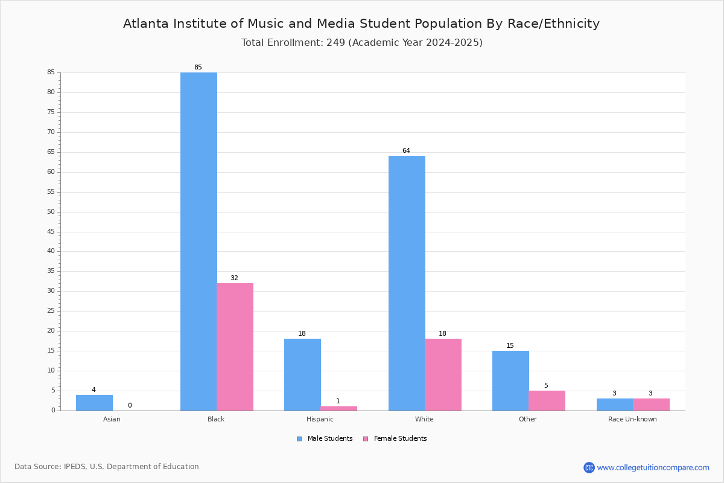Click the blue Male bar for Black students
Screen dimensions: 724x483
tap(198, 241)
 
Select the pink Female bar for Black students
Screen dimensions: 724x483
tap(235, 347)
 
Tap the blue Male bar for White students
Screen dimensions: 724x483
tap(407, 283)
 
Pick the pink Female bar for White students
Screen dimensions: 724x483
tap(443, 374)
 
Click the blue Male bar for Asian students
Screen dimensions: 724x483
tap(94, 403)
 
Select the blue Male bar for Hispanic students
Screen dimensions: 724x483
tap(302, 374)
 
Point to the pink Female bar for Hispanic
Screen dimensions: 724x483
tap(339, 408)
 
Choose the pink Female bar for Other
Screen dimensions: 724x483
tap(547, 400)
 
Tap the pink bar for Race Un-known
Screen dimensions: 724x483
tap(651, 405)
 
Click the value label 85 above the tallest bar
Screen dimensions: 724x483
tap(198, 67)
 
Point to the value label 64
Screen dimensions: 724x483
tap(406, 150)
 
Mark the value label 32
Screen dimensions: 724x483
tap(234, 278)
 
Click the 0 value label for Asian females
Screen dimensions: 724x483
tap(130, 405)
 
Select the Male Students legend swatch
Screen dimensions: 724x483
tap(299, 439)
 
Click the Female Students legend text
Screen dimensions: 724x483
tap(400, 438)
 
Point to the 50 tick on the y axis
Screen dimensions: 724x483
tap(51, 211)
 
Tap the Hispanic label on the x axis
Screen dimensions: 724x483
tap(320, 419)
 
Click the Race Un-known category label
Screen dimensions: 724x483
tap(632, 419)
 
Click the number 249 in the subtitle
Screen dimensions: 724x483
tap(336, 42)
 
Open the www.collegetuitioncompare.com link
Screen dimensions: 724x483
tap(653, 467)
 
